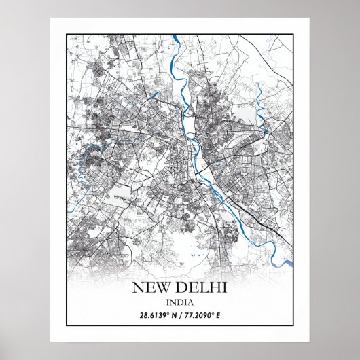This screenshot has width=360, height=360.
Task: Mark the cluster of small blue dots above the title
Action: (x=197, y=256)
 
